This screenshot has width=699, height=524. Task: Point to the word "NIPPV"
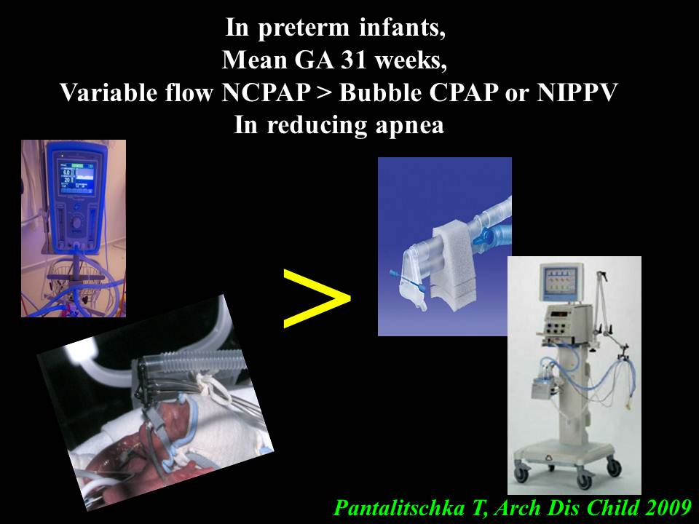577,92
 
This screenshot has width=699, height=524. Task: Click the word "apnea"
410,126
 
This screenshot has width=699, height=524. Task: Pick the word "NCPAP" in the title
266,92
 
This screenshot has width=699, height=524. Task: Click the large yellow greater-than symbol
317,298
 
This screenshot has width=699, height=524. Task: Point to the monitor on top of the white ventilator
561,282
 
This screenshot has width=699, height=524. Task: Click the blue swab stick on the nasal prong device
408,281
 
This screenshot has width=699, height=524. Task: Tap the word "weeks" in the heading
410,60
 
